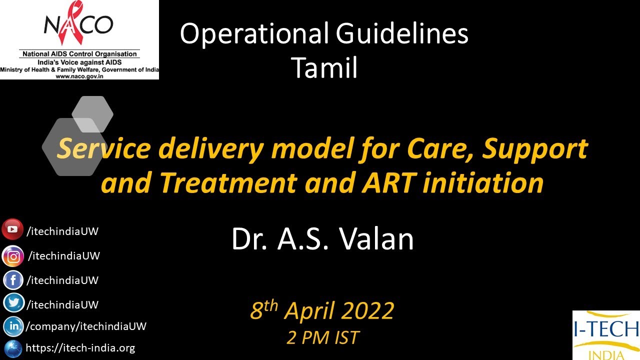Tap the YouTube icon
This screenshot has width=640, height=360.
tap(12, 229)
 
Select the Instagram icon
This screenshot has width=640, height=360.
tap(13, 256)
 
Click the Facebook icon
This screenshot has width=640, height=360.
tap(13, 280)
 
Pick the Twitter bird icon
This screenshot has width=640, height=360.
tap(13, 303)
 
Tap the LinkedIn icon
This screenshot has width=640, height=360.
tap(13, 326)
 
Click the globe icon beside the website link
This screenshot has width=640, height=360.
tap(12, 348)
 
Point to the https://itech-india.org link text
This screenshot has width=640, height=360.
tap(80, 348)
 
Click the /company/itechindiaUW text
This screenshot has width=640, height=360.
tap(85, 326)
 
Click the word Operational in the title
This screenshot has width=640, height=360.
tap(254, 34)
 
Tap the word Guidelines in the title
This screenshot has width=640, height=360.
tap(402, 34)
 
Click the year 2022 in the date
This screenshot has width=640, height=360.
tap(368, 311)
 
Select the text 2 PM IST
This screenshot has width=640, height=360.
tap(323, 337)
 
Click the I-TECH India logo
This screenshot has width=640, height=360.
tap(606, 335)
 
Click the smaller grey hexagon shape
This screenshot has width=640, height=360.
tap(92, 113)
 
